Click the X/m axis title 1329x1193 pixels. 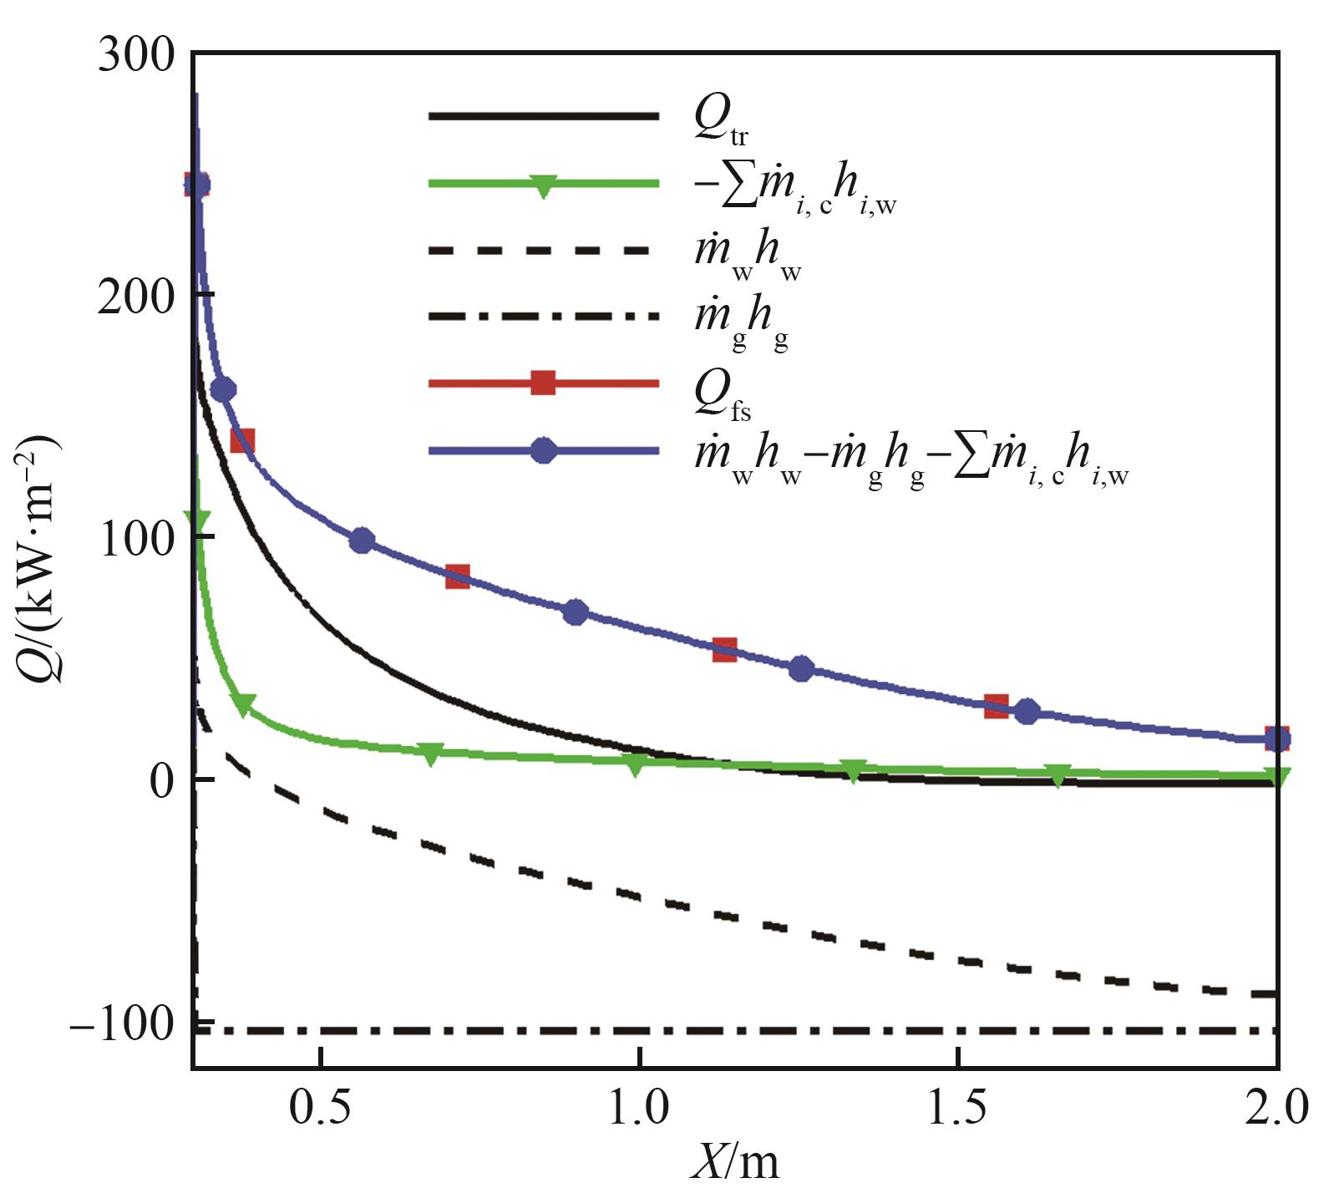(734, 1163)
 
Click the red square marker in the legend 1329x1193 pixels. (544, 383)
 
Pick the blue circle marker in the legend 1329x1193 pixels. (544, 451)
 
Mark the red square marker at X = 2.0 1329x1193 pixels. (1276, 739)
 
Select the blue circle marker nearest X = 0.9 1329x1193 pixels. (576, 612)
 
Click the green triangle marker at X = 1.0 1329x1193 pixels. (636, 764)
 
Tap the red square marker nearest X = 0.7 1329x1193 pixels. (457, 576)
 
